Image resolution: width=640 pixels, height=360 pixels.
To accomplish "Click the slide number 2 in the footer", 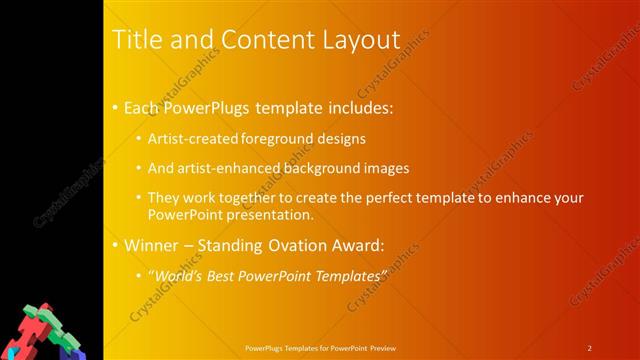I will [589, 348].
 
